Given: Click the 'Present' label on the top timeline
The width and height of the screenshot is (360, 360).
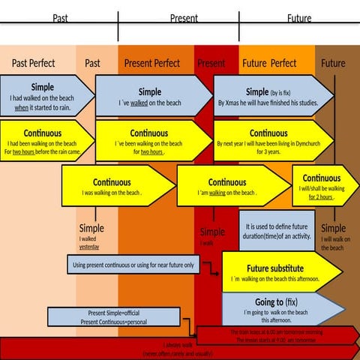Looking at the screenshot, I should (x=184, y=18).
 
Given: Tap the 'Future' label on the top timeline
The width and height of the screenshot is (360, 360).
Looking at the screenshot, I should (x=299, y=18).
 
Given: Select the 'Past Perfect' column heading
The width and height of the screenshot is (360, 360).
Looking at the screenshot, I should (x=33, y=63).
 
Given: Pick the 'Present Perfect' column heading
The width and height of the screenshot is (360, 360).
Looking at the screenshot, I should (x=152, y=63).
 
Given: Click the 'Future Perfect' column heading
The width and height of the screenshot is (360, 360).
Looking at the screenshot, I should (x=269, y=63).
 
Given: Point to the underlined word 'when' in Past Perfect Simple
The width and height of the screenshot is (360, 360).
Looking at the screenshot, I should (x=22, y=108).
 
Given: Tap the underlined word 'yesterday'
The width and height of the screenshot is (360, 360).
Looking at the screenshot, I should (x=89, y=246).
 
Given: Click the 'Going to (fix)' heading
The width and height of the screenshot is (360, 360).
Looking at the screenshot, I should (x=276, y=301).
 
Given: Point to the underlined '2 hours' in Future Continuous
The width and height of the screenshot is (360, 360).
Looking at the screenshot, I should (x=321, y=197).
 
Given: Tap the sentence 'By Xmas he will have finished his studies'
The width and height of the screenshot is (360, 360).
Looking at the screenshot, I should (x=267, y=103).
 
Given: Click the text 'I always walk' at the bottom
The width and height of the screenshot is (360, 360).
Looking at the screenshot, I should (x=178, y=345).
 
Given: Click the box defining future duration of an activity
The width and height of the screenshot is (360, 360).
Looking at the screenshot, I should (x=277, y=230).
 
